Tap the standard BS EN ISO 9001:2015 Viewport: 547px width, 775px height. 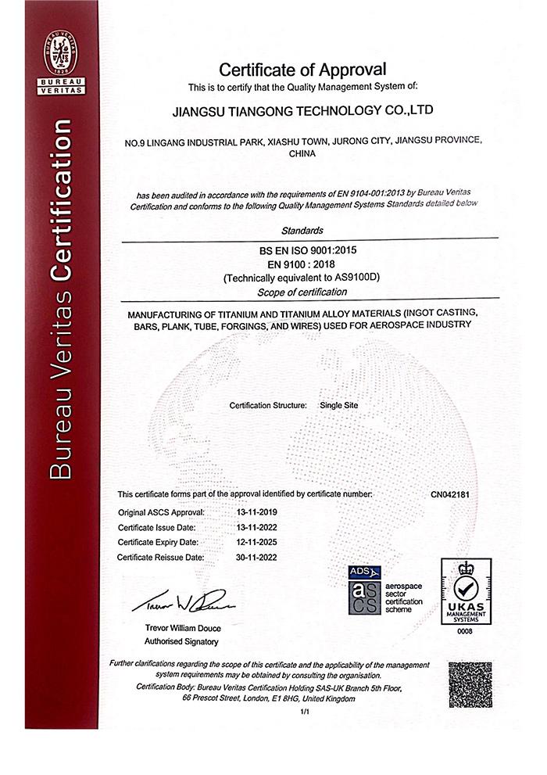(302, 249)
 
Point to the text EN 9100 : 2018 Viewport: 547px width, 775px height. (302, 264)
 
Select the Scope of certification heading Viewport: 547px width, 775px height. (302, 292)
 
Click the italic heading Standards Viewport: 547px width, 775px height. (302, 231)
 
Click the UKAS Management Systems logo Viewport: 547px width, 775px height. (467, 590)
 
